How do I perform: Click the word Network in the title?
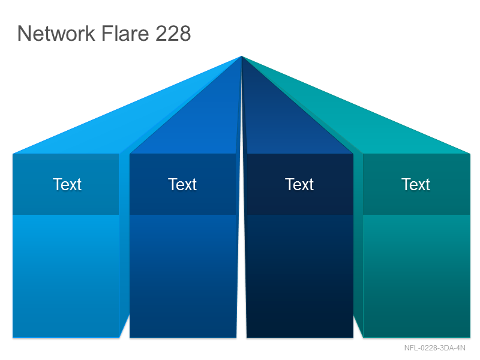point(56,33)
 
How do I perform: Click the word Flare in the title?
point(125,33)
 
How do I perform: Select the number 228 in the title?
point(173,33)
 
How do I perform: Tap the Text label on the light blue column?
point(67,184)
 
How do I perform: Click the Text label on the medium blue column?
point(182,184)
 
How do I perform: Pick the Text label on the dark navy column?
point(299,184)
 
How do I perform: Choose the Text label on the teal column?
point(416,184)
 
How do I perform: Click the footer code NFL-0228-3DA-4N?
point(434,348)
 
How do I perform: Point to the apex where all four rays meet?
point(242,56)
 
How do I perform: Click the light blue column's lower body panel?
point(66,276)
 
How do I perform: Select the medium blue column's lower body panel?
point(183,276)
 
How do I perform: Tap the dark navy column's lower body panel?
point(300,276)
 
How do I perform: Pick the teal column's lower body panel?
point(416,276)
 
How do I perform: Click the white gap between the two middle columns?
point(242,275)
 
